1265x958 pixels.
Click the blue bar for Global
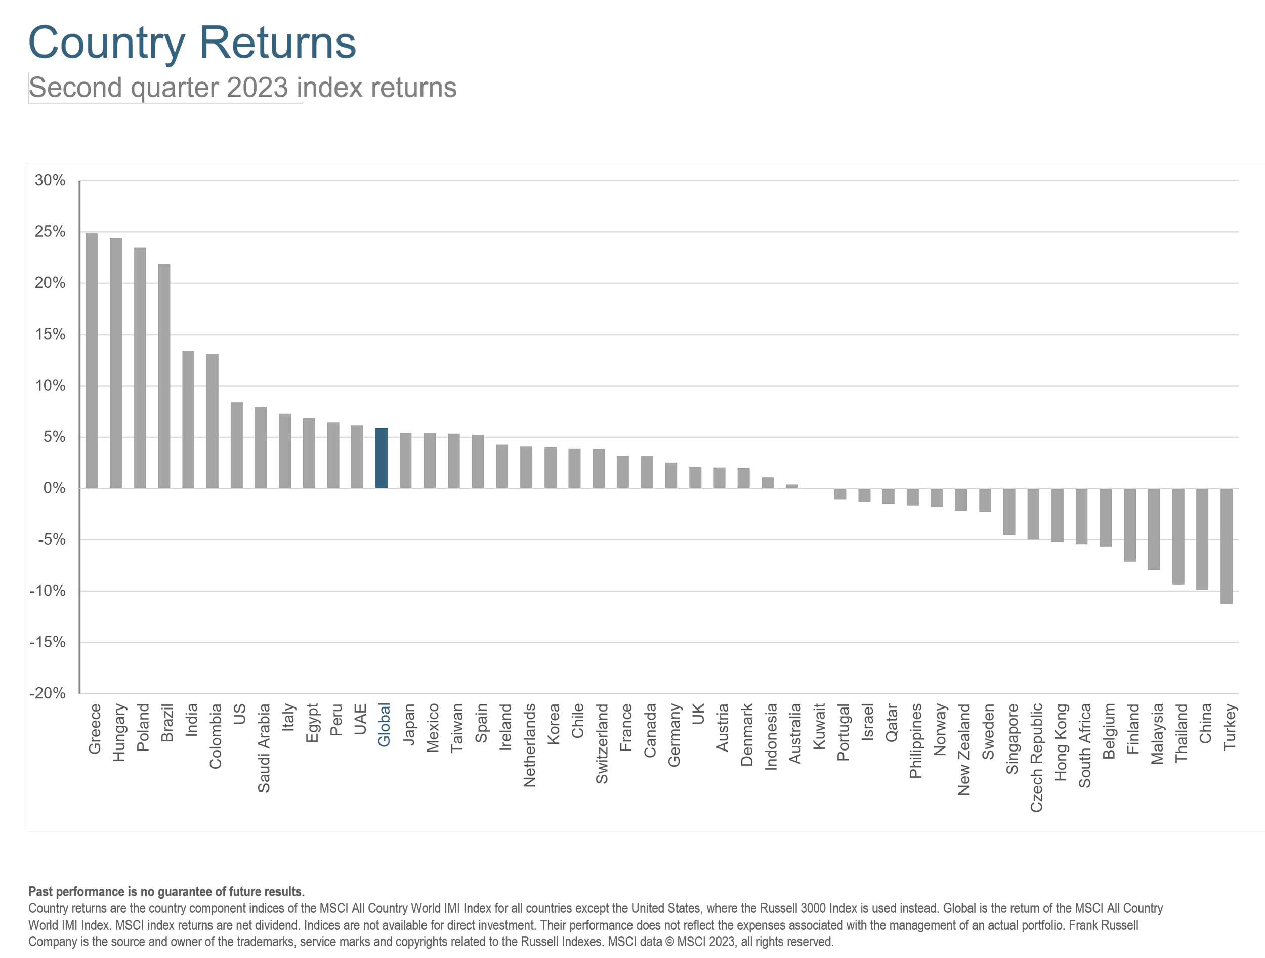[x=382, y=458]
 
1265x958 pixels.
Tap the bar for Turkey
[x=1226, y=546]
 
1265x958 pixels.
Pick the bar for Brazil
[x=164, y=376]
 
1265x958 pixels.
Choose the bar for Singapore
[x=1009, y=511]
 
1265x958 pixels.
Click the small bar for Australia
[x=792, y=486]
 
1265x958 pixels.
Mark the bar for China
[x=1202, y=539]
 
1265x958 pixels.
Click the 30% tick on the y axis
[x=50, y=181]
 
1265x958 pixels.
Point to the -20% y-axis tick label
[x=48, y=693]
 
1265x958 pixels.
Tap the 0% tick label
[x=54, y=488]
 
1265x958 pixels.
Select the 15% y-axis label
[x=50, y=335]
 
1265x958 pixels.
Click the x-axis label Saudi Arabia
[x=264, y=747]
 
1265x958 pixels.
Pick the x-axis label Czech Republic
[x=1036, y=757]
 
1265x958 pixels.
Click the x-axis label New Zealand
[x=964, y=748]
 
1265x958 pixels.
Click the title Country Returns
[x=192, y=43]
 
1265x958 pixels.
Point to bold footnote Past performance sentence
[x=166, y=892]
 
